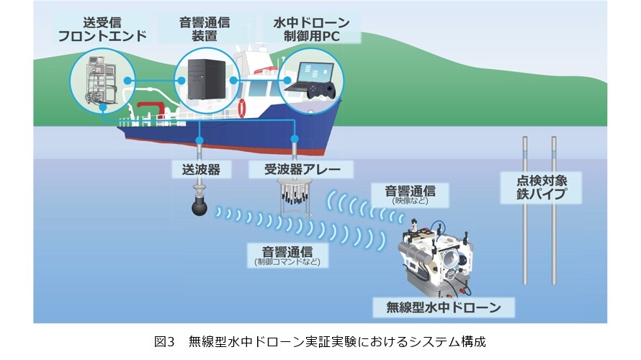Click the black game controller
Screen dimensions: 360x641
click(322, 92)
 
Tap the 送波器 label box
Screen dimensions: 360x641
click(196, 169)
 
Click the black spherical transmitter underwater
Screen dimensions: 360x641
click(200, 206)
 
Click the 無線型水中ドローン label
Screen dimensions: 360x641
click(444, 308)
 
